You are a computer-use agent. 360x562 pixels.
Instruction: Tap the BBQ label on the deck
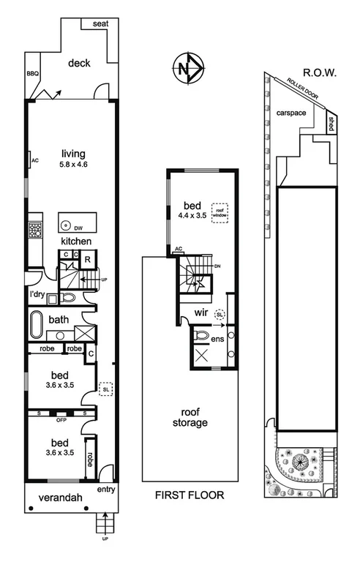pos(31,73)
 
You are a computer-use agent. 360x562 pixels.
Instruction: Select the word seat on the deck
pos(101,24)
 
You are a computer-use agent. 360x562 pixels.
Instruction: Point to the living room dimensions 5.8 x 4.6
pos(73,165)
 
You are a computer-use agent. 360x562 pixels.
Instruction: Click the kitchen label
pos(75,241)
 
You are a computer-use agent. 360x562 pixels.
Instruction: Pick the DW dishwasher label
pos(78,227)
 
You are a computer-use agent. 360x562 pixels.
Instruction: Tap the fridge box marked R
pos(86,259)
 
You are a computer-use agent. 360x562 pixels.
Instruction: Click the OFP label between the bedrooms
pos(63,419)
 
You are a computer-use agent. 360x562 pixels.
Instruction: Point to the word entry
pos(105,490)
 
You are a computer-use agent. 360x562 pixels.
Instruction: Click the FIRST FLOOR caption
pos(189,495)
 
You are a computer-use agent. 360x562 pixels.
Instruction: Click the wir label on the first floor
pos(202,312)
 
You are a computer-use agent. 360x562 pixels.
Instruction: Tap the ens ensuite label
pos(217,339)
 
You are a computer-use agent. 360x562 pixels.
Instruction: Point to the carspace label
pos(291,112)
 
